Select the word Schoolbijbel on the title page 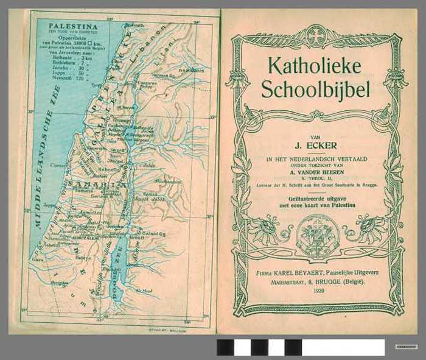pos(315,89)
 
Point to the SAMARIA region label pos(98,183)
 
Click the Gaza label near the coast pos(38,259)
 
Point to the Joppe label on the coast pos(48,205)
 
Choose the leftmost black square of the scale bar pos(225,347)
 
